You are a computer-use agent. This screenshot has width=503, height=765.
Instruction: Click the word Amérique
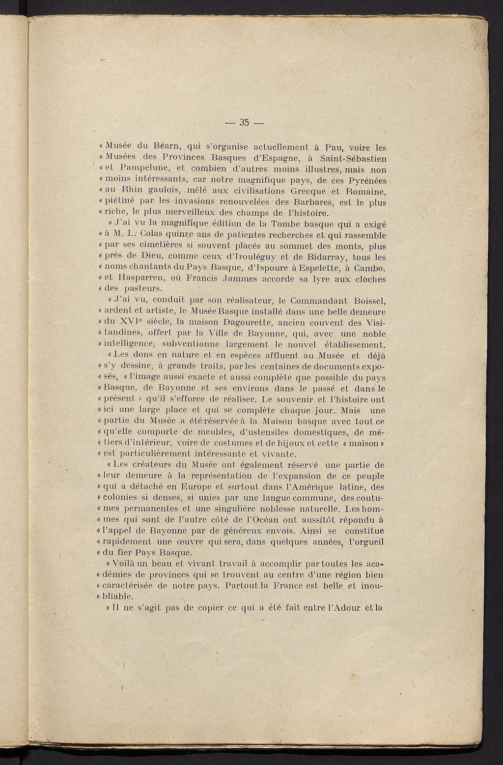pos(307,487)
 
